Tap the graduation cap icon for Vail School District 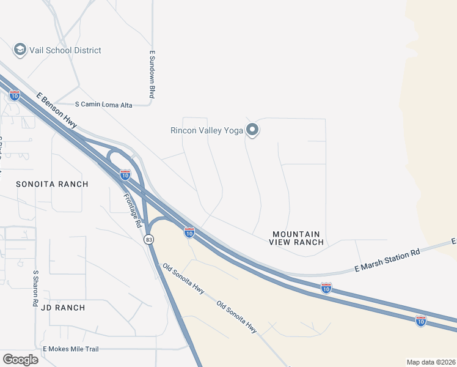click(x=20, y=50)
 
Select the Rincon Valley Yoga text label click(x=207, y=130)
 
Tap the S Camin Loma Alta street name click(x=103, y=105)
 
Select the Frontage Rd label click(x=133, y=209)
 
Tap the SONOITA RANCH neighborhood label click(x=52, y=184)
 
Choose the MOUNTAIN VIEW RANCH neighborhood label click(x=296, y=238)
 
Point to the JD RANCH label click(x=63, y=308)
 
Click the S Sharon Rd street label click(x=36, y=288)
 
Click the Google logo click(x=20, y=359)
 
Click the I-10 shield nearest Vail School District click(x=15, y=95)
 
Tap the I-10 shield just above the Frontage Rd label click(x=125, y=175)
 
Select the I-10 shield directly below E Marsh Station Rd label click(x=326, y=287)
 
